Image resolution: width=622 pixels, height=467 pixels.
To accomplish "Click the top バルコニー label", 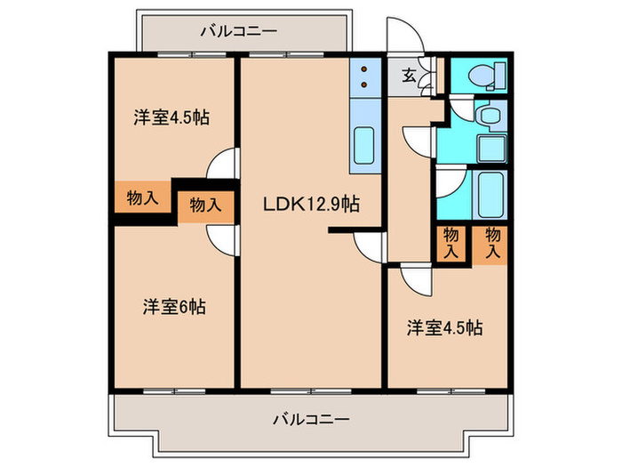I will coord(238,32).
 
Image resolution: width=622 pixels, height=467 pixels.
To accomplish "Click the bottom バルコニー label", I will coord(310,417).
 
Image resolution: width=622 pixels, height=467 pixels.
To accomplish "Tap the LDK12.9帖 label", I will coord(310,204).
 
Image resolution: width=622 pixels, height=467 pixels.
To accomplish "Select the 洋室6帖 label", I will coord(174,307).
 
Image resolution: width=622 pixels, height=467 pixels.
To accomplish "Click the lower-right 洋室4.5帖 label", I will coord(445,327).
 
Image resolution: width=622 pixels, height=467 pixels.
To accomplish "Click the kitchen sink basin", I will coord(364,141).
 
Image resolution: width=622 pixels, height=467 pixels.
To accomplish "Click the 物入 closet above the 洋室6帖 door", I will coord(206,205).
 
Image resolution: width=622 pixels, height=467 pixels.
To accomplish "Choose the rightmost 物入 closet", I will coord(493,242).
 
